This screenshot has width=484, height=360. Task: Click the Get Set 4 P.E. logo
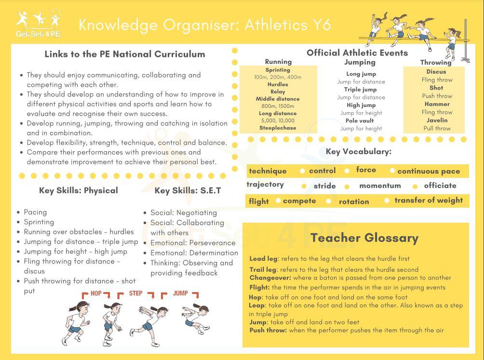tap(39, 24)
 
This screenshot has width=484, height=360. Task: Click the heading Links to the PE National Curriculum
tap(125, 54)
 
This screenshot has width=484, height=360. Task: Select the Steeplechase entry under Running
tap(278, 128)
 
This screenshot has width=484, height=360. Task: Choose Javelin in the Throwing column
tap(437, 120)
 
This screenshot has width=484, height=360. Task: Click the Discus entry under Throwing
tap(436, 72)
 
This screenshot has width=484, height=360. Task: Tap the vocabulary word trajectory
tap(265, 185)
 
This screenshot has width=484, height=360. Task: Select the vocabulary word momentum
tap(380, 186)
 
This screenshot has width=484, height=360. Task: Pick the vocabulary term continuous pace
tap(429, 171)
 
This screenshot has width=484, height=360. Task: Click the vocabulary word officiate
tap(440, 186)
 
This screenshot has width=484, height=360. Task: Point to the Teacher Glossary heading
tap(364, 238)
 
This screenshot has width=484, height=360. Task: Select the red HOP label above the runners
tap(96, 293)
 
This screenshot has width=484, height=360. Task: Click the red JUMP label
tap(180, 293)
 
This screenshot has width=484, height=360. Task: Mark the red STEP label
tap(135, 293)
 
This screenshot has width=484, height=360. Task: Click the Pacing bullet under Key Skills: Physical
tap(35, 212)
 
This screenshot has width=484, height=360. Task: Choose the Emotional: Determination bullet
tap(194, 253)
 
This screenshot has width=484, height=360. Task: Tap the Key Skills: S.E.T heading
tap(188, 190)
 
